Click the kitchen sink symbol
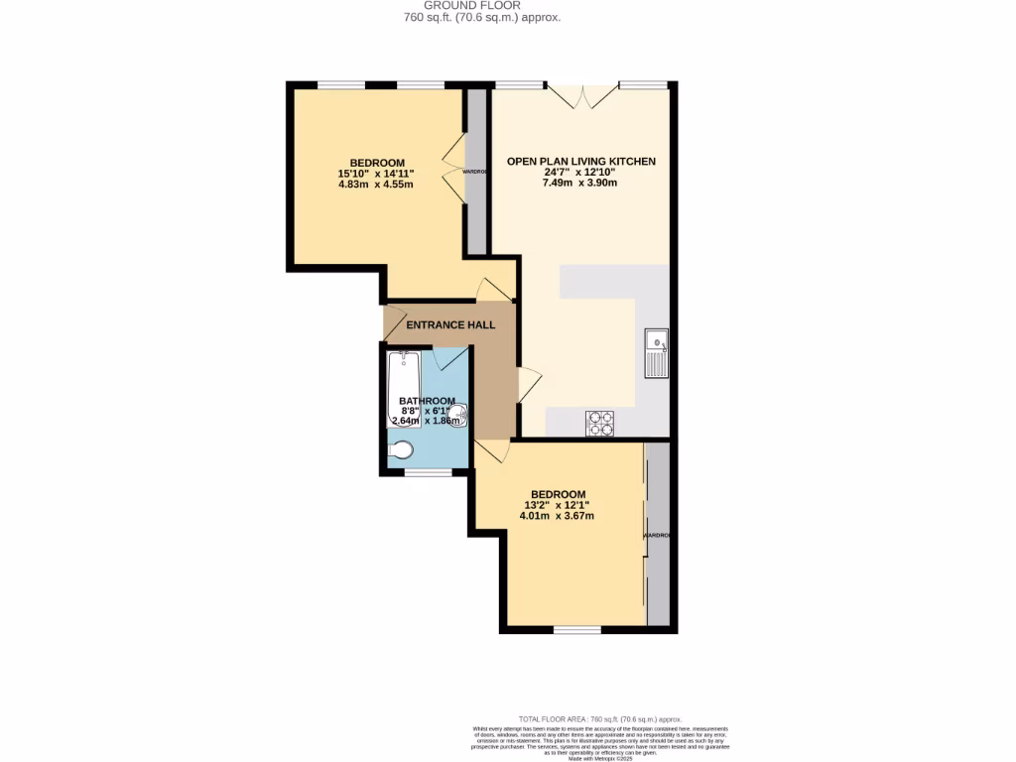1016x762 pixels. (x=656, y=353)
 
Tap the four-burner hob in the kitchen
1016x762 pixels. (x=600, y=424)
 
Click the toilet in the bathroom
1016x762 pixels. (x=400, y=451)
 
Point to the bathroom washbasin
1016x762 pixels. (x=458, y=414)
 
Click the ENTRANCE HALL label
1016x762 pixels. (x=450, y=324)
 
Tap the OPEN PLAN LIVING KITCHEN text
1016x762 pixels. (x=580, y=161)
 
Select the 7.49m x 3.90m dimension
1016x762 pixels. (x=580, y=183)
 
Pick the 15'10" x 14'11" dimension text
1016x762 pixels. (x=376, y=174)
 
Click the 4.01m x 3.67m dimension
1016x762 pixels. (x=557, y=516)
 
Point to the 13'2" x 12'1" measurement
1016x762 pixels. (x=557, y=505)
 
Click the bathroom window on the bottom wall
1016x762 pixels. (x=428, y=471)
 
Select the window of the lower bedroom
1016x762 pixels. (x=576, y=630)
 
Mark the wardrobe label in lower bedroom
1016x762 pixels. (x=657, y=536)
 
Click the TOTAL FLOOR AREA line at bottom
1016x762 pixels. (x=600, y=718)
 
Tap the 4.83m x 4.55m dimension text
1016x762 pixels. (x=376, y=185)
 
